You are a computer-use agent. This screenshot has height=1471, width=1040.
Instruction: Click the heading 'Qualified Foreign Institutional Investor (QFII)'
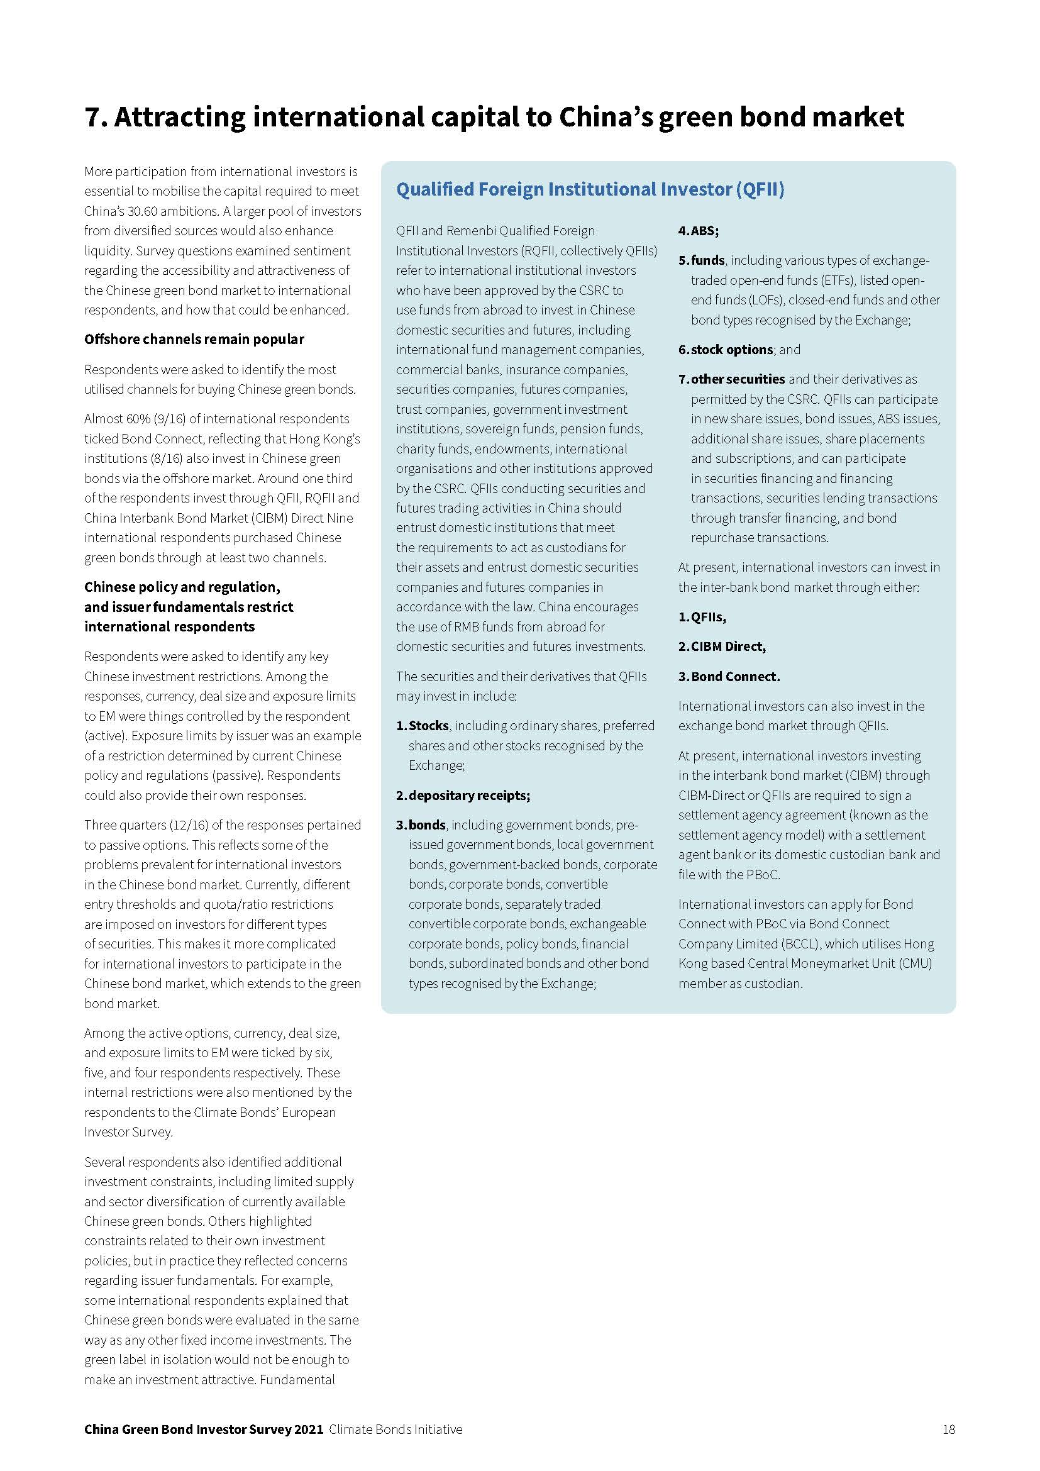[x=590, y=190]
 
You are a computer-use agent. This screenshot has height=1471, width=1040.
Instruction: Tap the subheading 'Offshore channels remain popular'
[x=194, y=340]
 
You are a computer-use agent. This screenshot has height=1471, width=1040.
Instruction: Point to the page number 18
[x=948, y=1429]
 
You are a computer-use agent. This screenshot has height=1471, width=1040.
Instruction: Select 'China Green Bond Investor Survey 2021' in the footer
[x=204, y=1429]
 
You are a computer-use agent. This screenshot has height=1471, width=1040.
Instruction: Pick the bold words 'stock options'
[x=731, y=350]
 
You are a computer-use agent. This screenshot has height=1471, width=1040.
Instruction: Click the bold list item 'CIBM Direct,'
[x=728, y=647]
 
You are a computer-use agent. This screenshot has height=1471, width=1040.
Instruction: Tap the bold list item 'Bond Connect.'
[x=735, y=677]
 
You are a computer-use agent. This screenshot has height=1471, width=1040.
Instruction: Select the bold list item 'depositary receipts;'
[x=469, y=795]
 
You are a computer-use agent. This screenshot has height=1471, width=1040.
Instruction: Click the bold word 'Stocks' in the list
[x=428, y=726]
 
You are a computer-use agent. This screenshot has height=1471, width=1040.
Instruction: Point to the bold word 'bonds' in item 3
[x=426, y=824]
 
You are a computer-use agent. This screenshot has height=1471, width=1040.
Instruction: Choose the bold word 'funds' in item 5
[x=707, y=260]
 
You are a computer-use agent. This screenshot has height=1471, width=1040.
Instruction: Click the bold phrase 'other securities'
[x=738, y=379]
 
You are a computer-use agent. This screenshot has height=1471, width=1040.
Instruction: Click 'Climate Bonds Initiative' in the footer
[x=396, y=1429]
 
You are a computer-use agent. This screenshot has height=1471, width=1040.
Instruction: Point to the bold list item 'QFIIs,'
[x=708, y=617]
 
